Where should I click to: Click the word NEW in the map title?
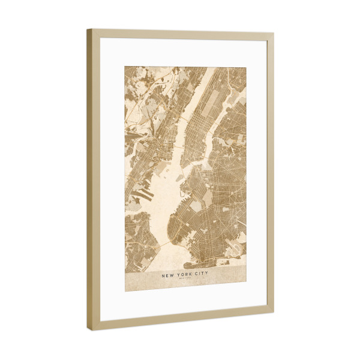tap(169, 276)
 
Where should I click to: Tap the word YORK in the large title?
tap(184, 276)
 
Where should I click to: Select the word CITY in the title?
tap(200, 276)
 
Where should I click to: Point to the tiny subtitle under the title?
tap(185, 281)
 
